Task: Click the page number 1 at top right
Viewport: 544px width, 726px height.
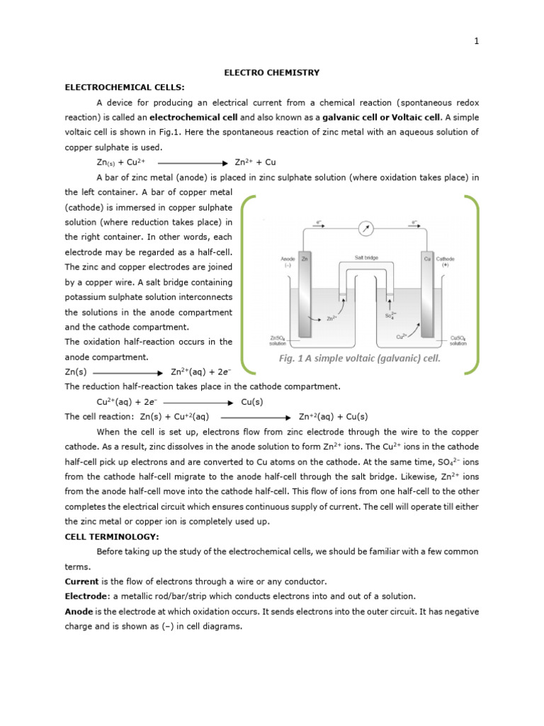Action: tap(477, 41)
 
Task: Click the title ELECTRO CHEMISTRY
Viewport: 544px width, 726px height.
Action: tap(272, 72)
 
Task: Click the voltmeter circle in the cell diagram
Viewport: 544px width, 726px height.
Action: tap(365, 229)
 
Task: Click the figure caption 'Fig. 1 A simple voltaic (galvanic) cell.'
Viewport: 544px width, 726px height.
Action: tap(359, 358)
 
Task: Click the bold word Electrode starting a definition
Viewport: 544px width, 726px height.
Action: tap(87, 596)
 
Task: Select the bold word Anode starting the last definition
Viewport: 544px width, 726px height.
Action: tap(79, 611)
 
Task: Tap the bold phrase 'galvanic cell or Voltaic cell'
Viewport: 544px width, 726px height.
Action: tap(382, 117)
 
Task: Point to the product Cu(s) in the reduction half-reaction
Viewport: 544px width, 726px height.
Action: tap(253, 401)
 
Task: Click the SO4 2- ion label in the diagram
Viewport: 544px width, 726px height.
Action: tap(390, 315)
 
